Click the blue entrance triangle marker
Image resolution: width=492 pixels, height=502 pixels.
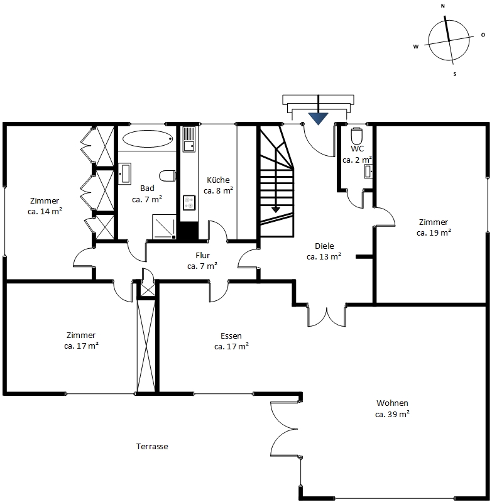click(x=318, y=119)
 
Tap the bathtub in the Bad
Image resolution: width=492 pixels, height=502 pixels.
click(x=148, y=139)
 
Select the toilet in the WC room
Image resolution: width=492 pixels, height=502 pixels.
click(x=357, y=136)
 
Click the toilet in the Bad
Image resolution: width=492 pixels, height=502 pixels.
click(x=167, y=176)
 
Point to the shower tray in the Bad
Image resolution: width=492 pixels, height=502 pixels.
click(x=164, y=227)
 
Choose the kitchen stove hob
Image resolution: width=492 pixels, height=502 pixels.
click(x=189, y=203)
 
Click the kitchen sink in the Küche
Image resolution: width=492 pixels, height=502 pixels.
click(x=189, y=139)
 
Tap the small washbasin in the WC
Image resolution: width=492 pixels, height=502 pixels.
click(x=368, y=172)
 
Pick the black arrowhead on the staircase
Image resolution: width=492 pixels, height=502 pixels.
click(x=276, y=210)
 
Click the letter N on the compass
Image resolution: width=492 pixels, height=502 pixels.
click(x=443, y=6)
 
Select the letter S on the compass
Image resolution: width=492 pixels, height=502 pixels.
click(x=454, y=74)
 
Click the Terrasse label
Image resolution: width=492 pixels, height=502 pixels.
click(x=152, y=446)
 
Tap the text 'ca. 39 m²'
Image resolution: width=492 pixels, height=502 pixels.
click(x=393, y=414)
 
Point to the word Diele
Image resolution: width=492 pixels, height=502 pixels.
click(x=324, y=246)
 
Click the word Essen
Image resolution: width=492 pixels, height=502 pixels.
click(x=231, y=336)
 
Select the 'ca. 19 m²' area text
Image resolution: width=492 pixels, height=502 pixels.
click(x=434, y=232)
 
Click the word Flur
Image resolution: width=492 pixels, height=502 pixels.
click(x=202, y=255)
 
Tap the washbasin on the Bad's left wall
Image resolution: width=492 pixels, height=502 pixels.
click(x=124, y=174)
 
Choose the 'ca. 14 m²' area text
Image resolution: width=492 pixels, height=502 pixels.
click(x=45, y=211)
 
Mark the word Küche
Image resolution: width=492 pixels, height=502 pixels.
click(x=218, y=180)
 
